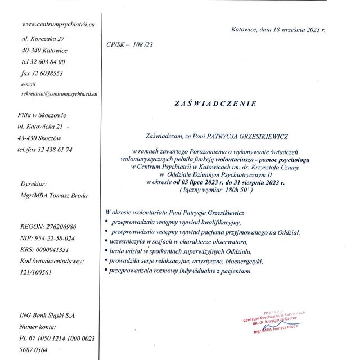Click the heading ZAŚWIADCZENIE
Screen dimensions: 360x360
pyautogui.click(x=215, y=104)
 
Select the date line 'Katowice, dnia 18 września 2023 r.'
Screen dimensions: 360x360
pyautogui.click(x=278, y=29)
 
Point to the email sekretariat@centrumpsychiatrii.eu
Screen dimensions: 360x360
pyautogui.click(x=59, y=93)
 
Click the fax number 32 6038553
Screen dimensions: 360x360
pyautogui.click(x=42, y=73)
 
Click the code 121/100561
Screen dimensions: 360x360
pyautogui.click(x=36, y=272)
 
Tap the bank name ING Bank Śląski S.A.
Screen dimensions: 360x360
pyautogui.click(x=47, y=316)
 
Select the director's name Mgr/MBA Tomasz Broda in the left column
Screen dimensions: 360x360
pyautogui.click(x=53, y=195)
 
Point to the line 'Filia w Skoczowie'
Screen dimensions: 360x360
pyautogui.click(x=43, y=115)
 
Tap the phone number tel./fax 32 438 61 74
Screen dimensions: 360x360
pyautogui.click(x=45, y=149)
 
